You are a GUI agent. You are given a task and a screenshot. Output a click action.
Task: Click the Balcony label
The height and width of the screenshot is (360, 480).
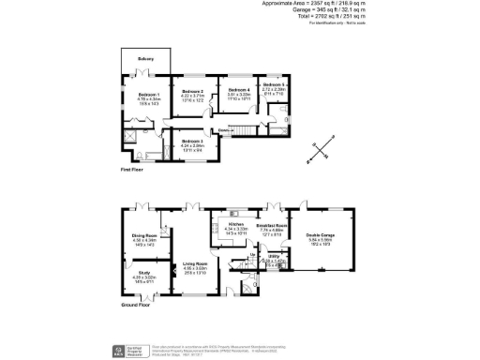point(145,59)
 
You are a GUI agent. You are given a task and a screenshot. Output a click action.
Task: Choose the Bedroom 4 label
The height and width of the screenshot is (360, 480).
point(242,91)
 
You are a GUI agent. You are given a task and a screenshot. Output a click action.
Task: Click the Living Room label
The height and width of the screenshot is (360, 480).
point(194,264)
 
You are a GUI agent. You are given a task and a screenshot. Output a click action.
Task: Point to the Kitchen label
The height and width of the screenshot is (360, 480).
point(235,225)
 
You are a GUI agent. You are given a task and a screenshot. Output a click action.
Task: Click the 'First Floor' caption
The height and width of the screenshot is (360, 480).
point(131,170)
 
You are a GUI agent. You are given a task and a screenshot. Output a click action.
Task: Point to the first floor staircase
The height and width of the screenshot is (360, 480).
point(246,128)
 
